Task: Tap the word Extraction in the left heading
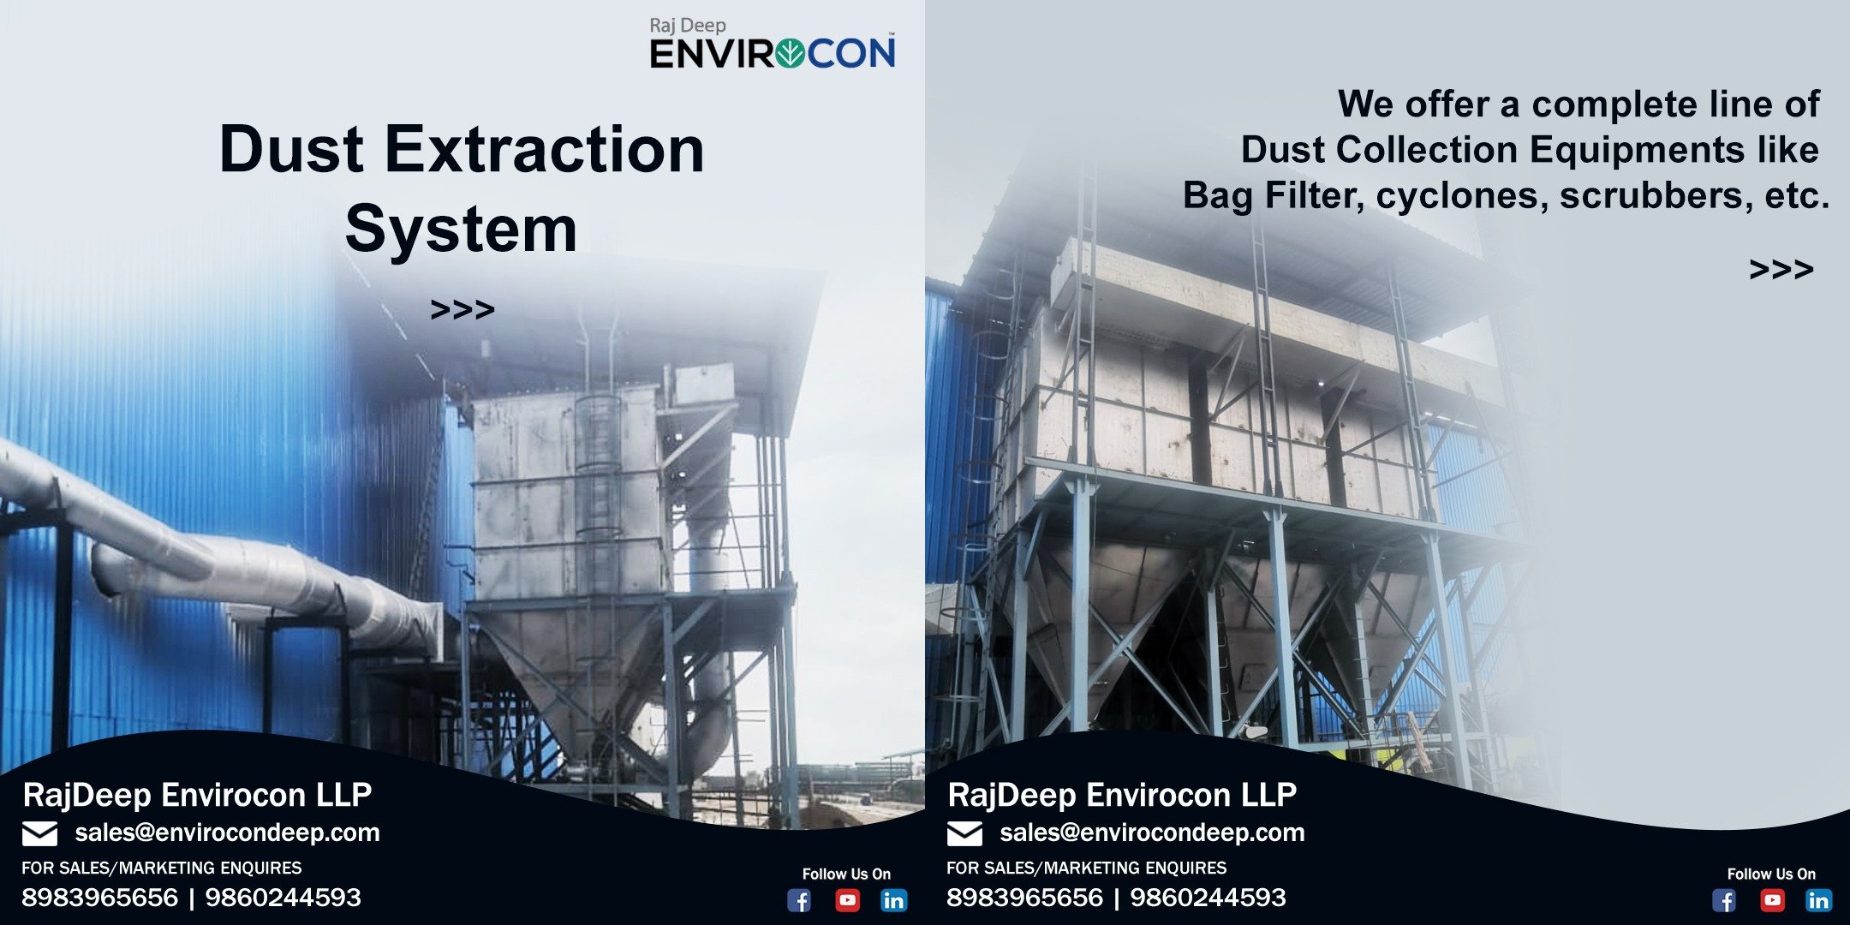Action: tap(545, 150)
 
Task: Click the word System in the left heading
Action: tap(462, 229)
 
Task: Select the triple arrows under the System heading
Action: tap(462, 309)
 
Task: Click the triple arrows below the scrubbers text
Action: tap(1781, 270)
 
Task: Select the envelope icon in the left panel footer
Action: tap(40, 833)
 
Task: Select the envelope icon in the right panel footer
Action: tap(965, 833)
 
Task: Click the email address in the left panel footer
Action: tap(227, 832)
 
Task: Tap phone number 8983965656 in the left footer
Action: tap(99, 898)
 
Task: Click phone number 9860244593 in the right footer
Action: tap(1208, 898)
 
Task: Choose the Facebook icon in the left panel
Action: tap(799, 900)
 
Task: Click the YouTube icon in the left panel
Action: tap(847, 900)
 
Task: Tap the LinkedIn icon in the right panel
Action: tap(1818, 900)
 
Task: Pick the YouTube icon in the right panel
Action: tap(1772, 900)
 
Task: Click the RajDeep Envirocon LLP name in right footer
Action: tap(1122, 795)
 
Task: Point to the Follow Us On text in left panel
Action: tap(846, 874)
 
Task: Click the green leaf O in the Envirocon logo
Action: tap(789, 54)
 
